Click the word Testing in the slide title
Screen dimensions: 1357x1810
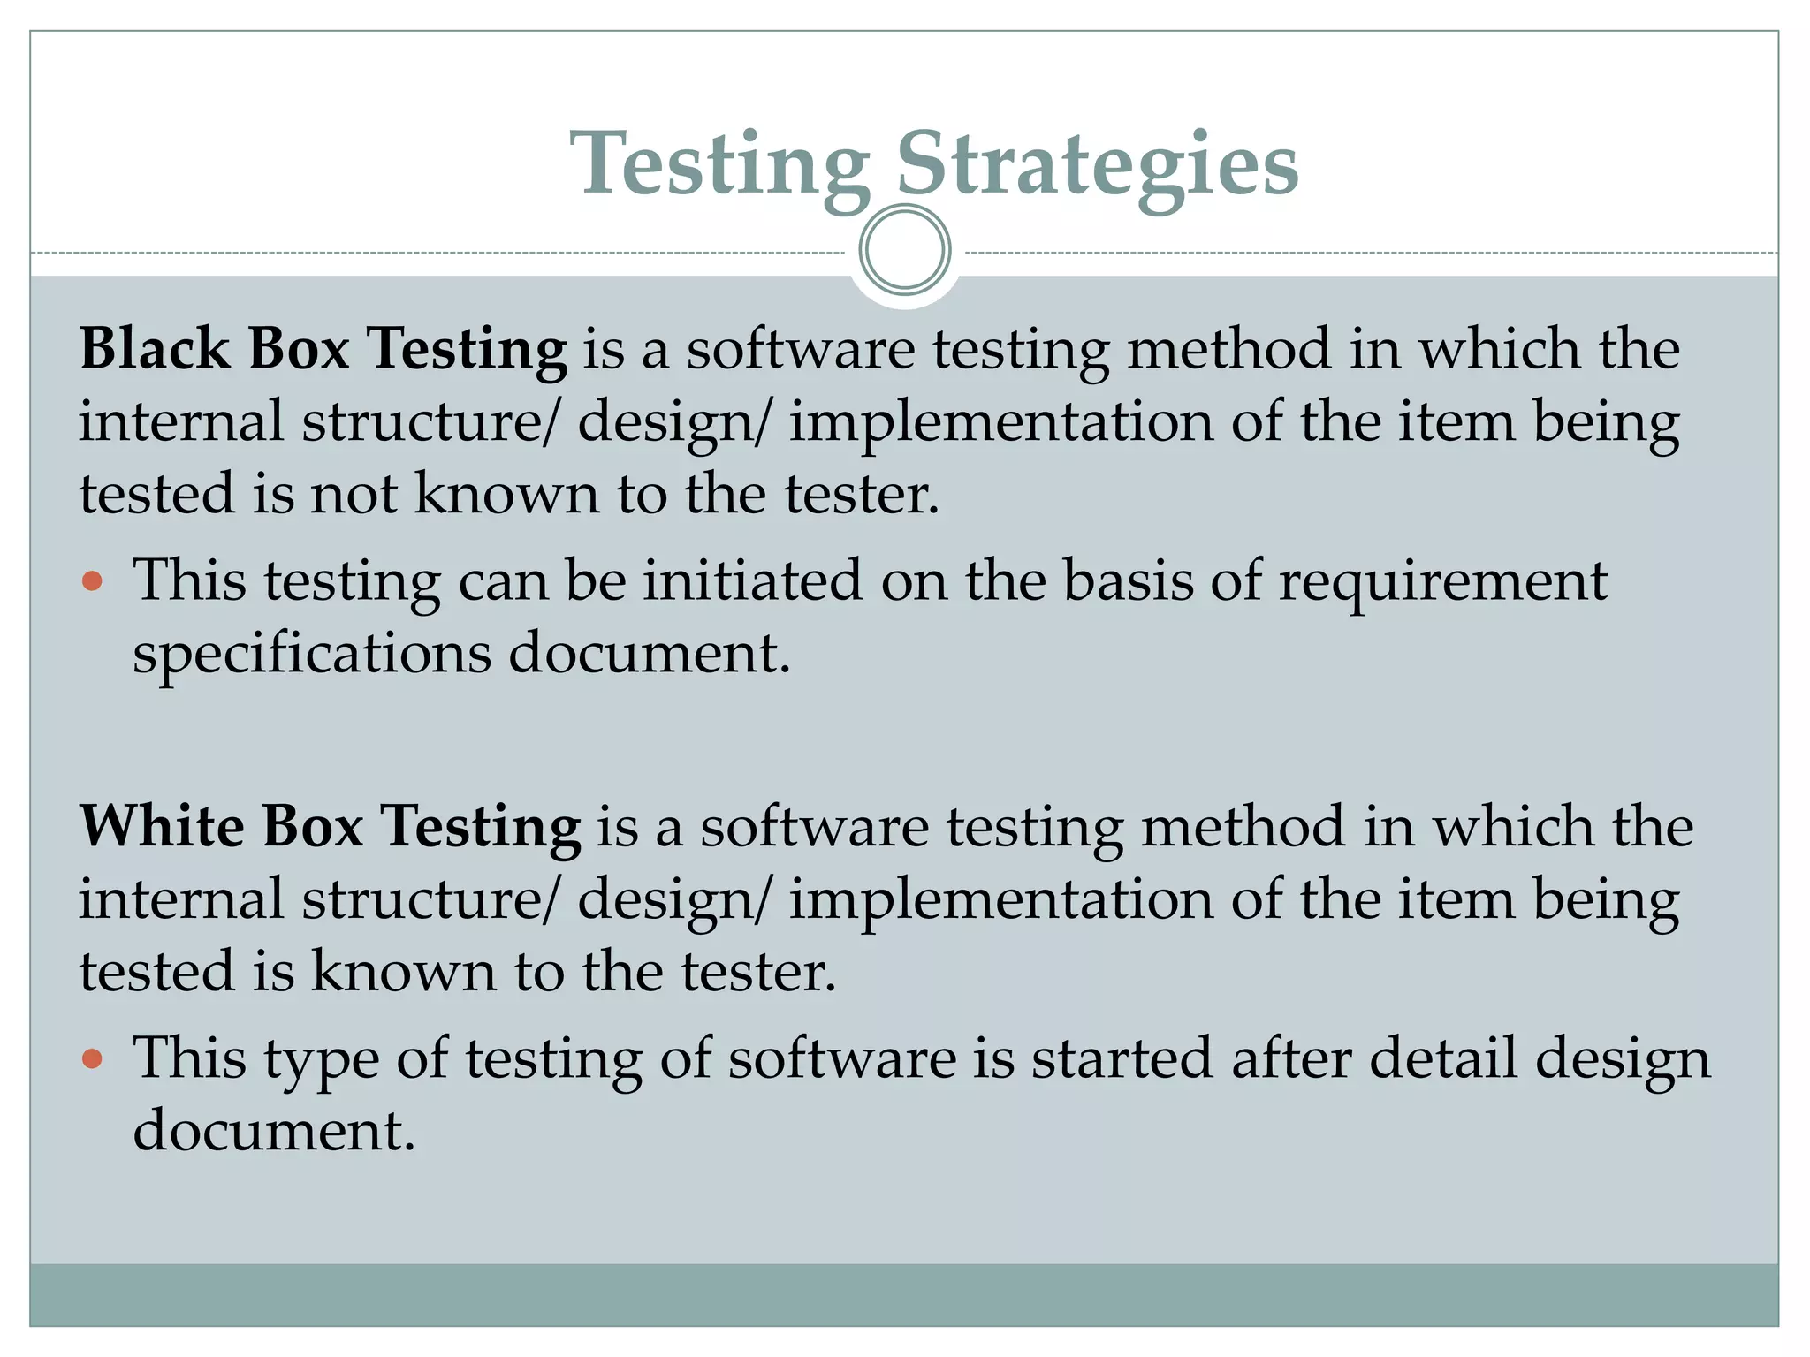[720, 165]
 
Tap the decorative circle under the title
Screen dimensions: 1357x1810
[904, 249]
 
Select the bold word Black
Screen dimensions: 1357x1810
[155, 348]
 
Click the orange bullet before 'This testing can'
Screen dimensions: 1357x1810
[92, 581]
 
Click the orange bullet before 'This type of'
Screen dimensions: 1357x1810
[92, 1058]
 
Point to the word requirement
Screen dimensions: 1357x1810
[1442, 583]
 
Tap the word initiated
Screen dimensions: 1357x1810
[752, 581]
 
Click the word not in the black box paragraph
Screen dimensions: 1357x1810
[354, 493]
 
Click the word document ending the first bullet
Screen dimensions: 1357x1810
[649, 655]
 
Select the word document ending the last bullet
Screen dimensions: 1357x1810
[273, 1131]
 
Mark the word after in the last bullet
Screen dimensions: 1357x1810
[1291, 1058]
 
